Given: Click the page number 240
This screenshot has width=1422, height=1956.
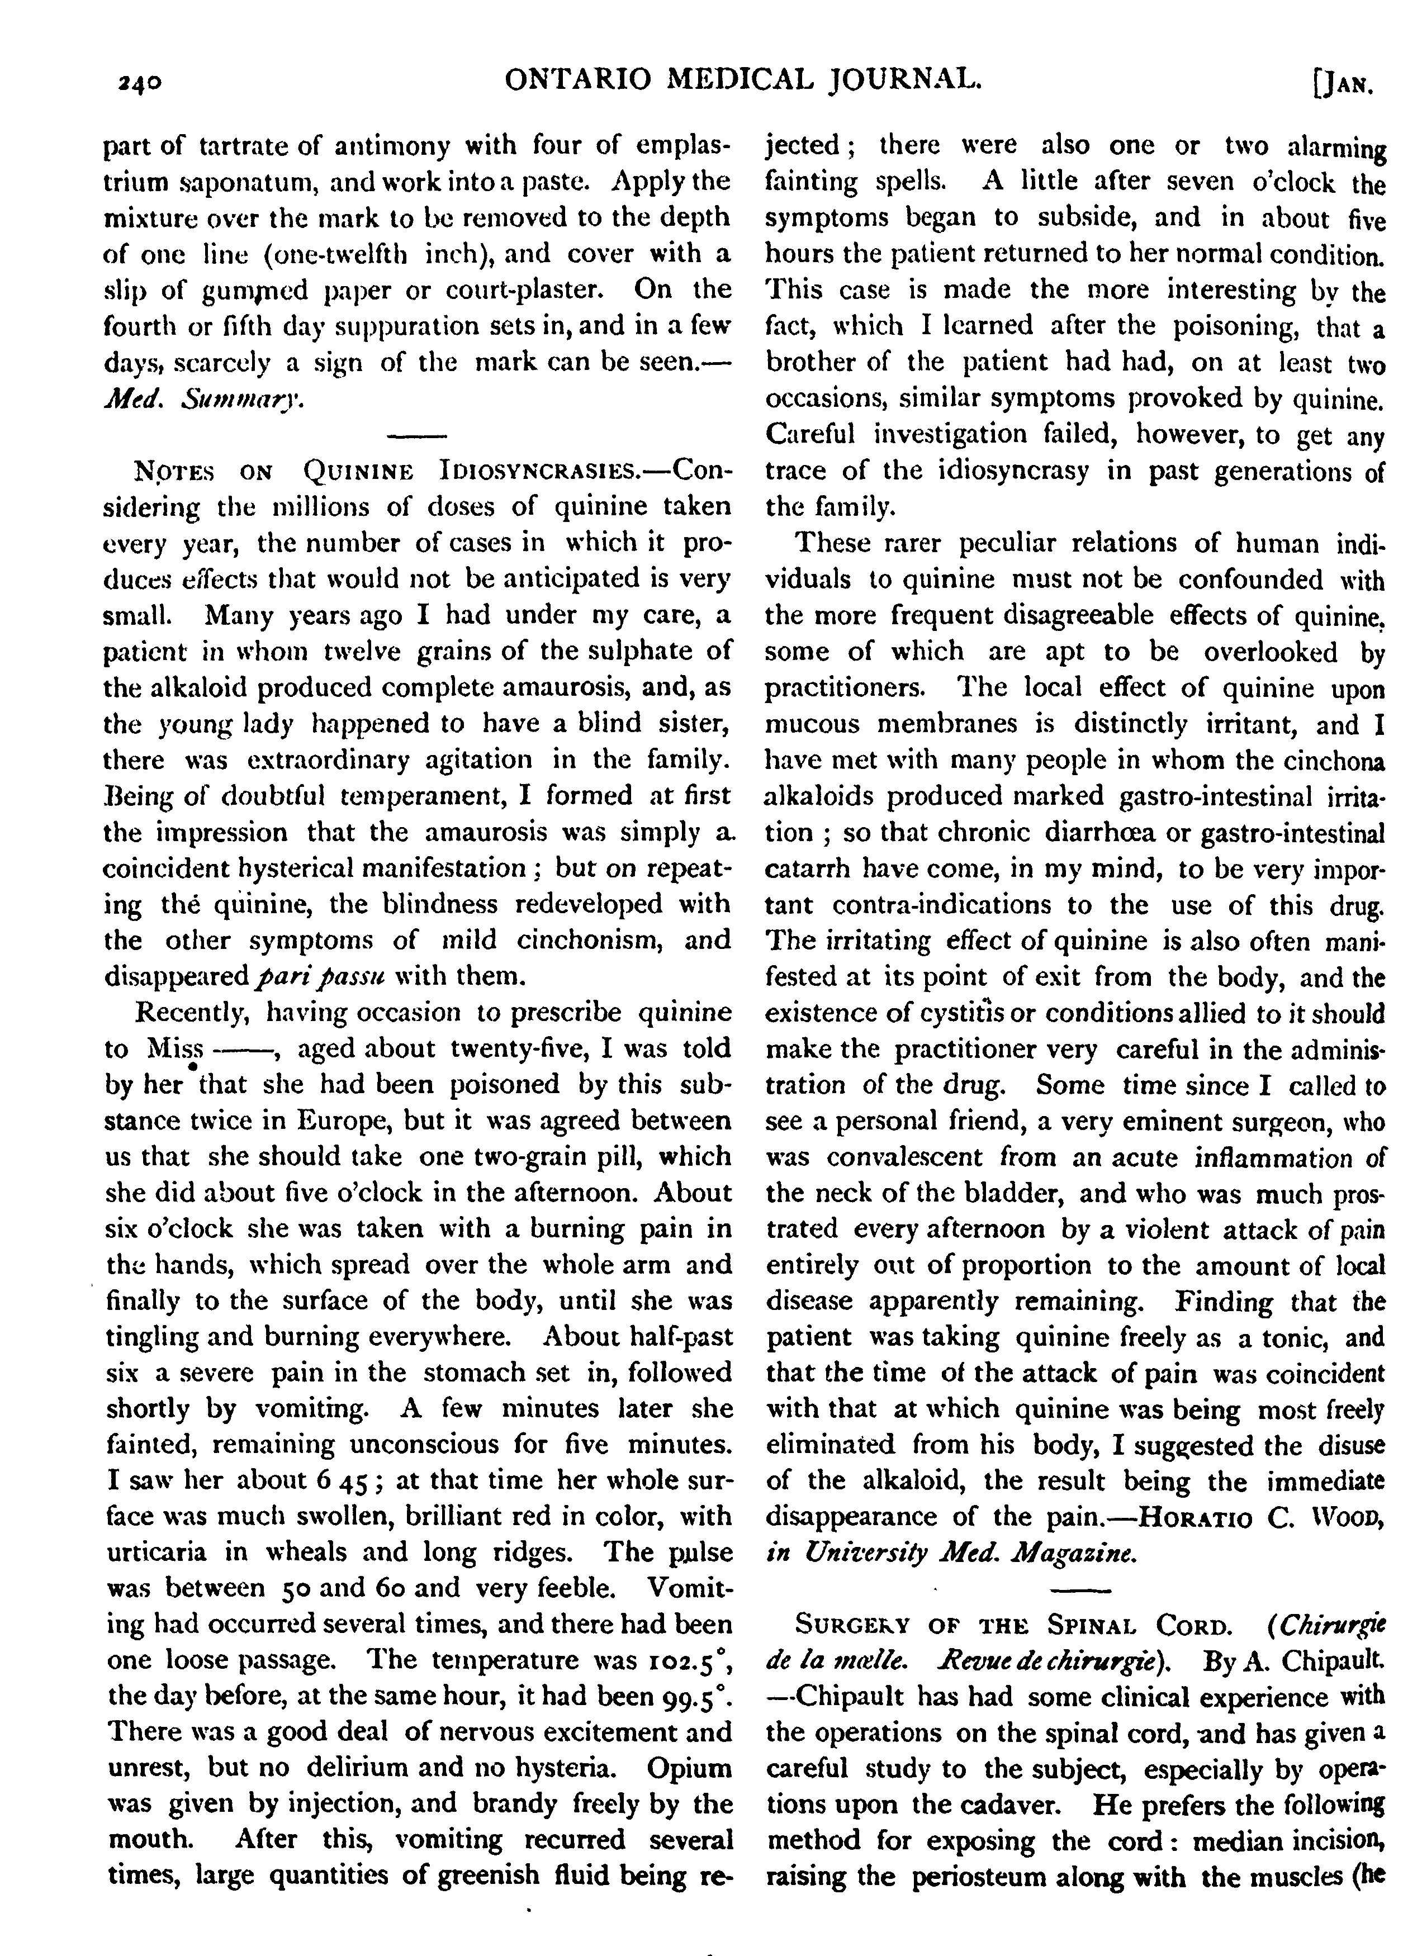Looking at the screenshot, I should click(140, 84).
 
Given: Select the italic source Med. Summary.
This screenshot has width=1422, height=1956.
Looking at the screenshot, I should click(203, 400).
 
